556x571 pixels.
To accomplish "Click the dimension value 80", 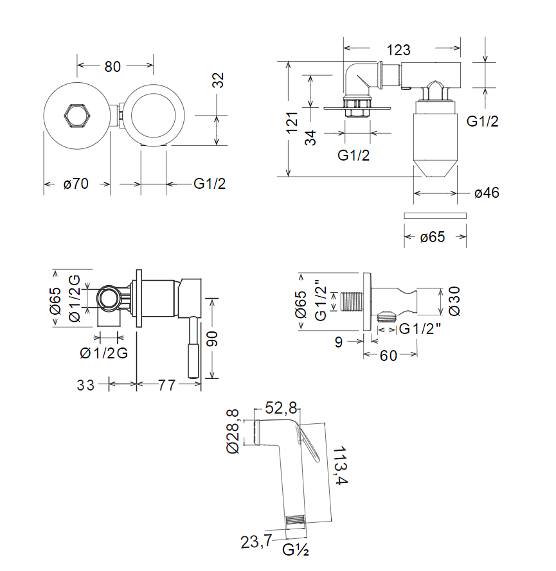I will [113, 66].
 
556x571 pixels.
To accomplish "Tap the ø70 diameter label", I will [76, 184].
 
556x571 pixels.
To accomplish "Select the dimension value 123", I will [399, 49].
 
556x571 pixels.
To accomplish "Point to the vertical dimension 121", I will [292, 123].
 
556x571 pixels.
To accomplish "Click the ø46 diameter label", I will [487, 193].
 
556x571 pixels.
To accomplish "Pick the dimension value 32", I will [219, 80].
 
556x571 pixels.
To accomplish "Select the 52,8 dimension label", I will [281, 408].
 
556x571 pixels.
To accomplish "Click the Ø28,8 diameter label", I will [233, 432].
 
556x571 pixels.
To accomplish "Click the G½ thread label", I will [297, 550].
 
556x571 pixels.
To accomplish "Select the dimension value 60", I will [388, 355].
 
